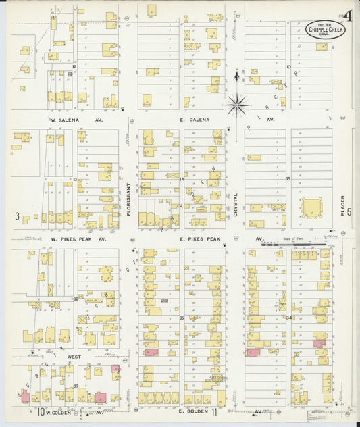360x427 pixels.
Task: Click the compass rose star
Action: coord(236,103)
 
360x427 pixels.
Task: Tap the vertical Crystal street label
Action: coord(236,203)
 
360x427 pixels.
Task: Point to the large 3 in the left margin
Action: coord(16,216)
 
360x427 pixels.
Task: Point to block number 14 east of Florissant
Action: coord(181,179)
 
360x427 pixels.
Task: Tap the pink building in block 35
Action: coord(150,353)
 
